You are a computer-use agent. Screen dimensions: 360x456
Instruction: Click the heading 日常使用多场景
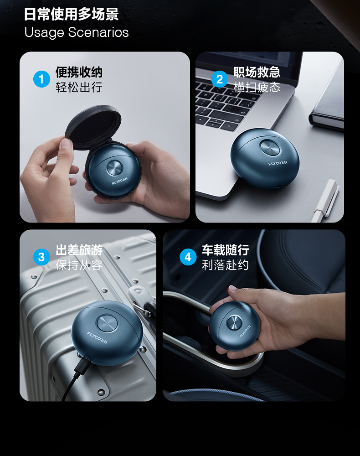(x=71, y=14)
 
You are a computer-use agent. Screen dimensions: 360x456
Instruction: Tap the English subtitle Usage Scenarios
(x=77, y=32)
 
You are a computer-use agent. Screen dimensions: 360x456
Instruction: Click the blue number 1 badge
(x=41, y=79)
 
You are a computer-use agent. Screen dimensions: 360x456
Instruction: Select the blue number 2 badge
(x=220, y=79)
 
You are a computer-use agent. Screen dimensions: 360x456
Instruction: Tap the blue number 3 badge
(x=41, y=257)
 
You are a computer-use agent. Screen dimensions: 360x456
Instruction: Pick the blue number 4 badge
(x=188, y=257)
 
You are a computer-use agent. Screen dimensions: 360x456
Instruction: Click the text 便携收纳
(x=79, y=72)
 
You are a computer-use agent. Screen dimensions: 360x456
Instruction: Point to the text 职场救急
(x=257, y=72)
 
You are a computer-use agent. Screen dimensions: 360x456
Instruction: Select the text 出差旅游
(x=79, y=250)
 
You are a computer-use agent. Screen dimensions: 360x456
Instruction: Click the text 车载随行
(x=225, y=250)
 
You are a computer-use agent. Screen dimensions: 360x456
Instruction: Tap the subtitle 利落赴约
(x=225, y=265)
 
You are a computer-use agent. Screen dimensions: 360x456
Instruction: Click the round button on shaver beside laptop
(x=270, y=147)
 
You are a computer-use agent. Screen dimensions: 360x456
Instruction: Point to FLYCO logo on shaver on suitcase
(x=97, y=337)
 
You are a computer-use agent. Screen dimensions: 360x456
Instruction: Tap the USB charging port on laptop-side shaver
(x=279, y=186)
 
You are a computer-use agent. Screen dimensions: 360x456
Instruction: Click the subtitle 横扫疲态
(x=257, y=87)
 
